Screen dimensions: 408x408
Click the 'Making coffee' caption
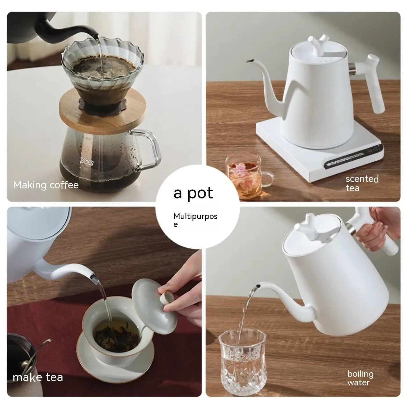click(46, 185)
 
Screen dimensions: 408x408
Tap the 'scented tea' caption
click(362, 183)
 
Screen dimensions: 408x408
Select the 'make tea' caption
click(38, 377)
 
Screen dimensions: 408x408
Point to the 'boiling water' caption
click(360, 378)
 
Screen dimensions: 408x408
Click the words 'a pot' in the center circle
click(193, 193)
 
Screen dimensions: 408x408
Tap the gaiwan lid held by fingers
click(150, 299)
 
